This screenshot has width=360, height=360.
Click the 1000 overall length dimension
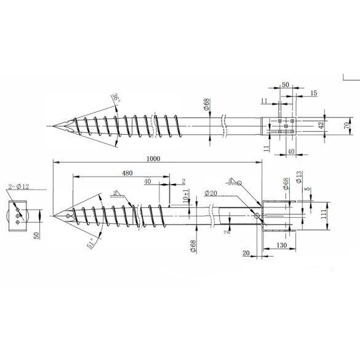pos(153,159)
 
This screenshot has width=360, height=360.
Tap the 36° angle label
pos(115,98)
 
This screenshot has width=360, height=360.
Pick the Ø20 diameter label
pos(212,193)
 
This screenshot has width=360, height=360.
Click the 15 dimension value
pos(314,93)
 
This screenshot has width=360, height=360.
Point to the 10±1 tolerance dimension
pos(185,196)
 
